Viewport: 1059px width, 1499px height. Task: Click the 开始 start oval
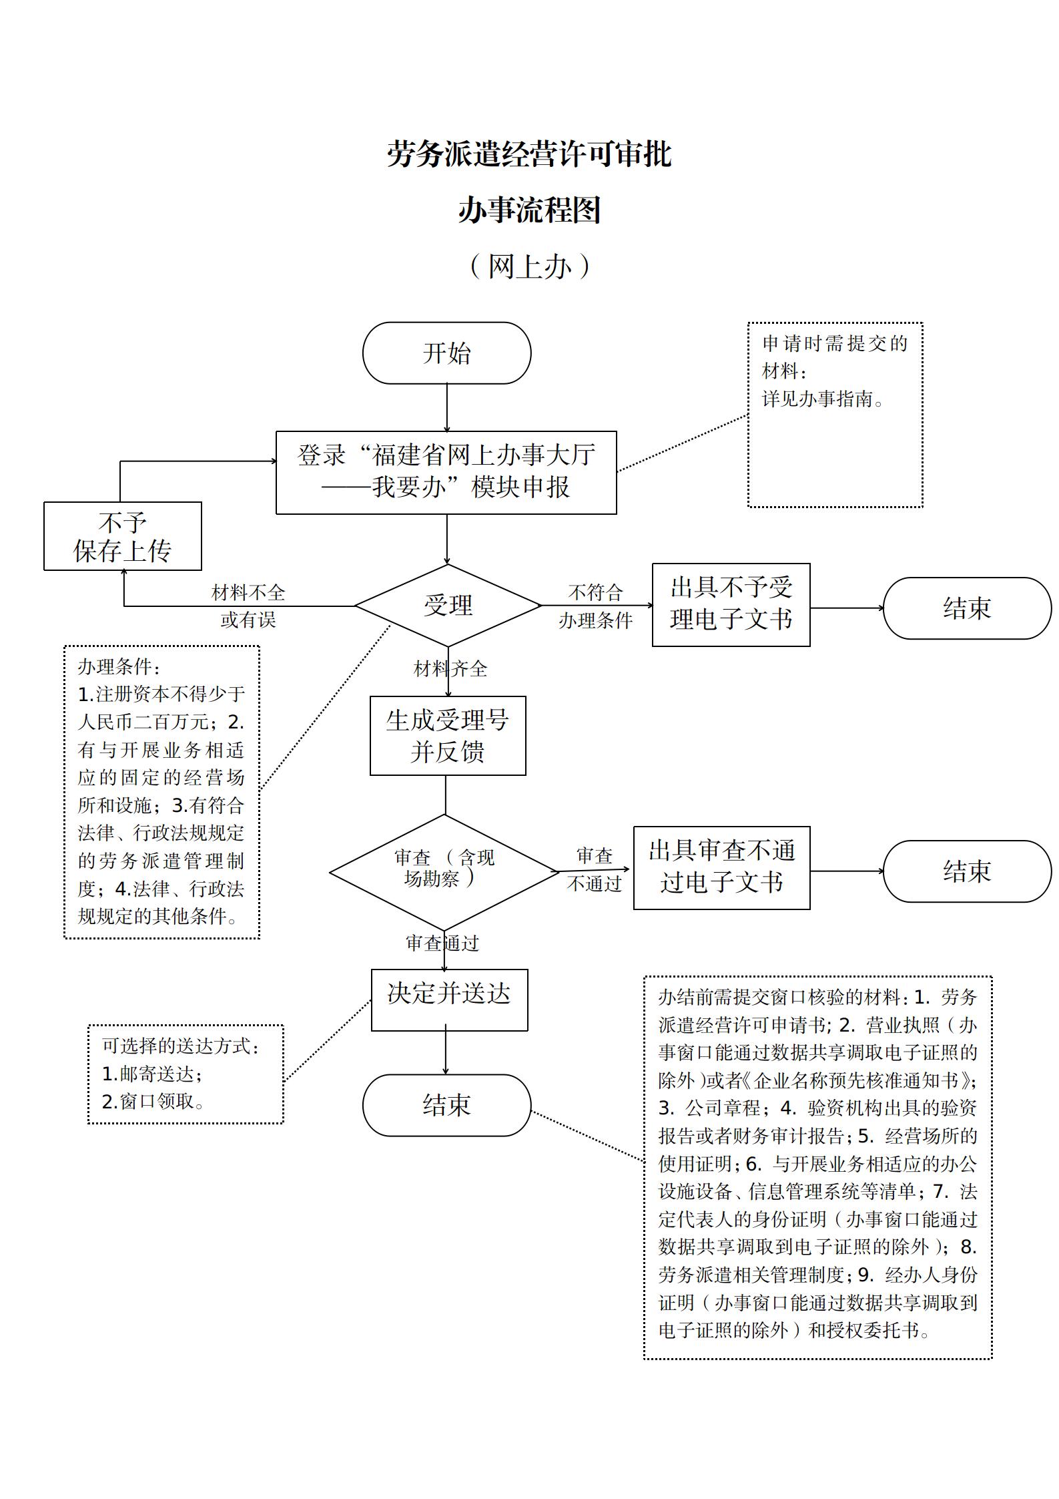click(x=446, y=353)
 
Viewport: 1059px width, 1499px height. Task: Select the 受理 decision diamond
click(x=448, y=606)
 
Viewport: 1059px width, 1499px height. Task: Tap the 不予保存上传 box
click(x=123, y=536)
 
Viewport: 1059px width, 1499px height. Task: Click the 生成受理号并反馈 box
click(x=448, y=735)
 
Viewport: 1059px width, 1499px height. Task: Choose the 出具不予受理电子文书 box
click(x=731, y=604)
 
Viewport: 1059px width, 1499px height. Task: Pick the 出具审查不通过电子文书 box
click(x=721, y=867)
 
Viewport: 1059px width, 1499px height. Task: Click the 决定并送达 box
click(x=449, y=1000)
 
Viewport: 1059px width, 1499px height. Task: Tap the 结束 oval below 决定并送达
click(x=446, y=1105)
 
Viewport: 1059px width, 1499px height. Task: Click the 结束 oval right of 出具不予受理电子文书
click(x=967, y=608)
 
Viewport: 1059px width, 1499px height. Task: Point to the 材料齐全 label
click(x=450, y=668)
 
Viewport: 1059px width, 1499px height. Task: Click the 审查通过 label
click(x=442, y=943)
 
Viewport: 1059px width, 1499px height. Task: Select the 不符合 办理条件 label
click(x=595, y=606)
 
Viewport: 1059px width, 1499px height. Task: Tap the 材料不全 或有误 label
click(x=248, y=606)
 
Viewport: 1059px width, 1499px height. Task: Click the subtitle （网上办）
click(x=530, y=266)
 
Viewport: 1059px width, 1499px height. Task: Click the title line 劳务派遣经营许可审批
click(x=530, y=154)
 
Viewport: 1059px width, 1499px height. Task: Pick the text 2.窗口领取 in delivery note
click(x=153, y=1102)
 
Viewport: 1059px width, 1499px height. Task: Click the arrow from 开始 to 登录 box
click(x=446, y=408)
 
